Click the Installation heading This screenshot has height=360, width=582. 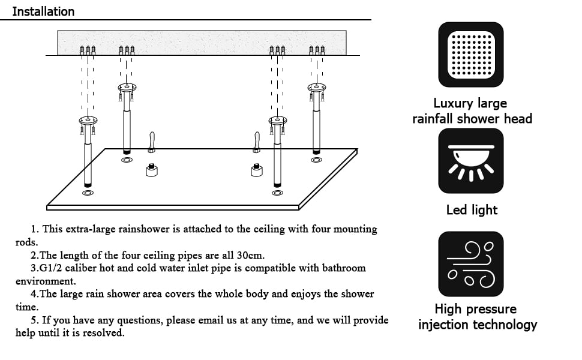point(43,11)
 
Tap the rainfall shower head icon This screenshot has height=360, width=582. point(471,55)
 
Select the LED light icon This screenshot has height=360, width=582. point(471,161)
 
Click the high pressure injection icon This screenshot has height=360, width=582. point(471,264)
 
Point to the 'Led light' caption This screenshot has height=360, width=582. point(472,210)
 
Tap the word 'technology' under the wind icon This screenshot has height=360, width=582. point(505,325)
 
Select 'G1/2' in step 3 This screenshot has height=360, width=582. point(52,268)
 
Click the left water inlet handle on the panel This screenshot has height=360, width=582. point(152,142)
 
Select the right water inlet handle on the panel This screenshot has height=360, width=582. point(257,142)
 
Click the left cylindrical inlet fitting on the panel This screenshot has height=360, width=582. point(152,170)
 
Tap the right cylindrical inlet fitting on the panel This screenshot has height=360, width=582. point(257,170)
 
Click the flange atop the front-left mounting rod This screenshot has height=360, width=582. point(88,120)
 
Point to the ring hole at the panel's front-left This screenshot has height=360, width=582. point(88,193)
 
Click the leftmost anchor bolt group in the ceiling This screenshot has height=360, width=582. point(88,49)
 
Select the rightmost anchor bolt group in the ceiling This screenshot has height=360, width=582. point(317,49)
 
